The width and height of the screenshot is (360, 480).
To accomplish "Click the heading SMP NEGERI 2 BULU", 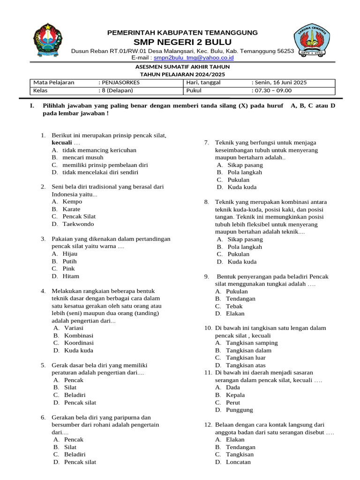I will click(182, 42).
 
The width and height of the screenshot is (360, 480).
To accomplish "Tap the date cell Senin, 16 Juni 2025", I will click(279, 82).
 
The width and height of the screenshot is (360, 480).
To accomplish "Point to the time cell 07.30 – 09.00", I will click(271, 90).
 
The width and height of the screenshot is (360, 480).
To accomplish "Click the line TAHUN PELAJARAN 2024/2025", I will click(182, 74).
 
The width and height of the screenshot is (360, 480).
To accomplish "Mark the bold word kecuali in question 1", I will click(62, 142).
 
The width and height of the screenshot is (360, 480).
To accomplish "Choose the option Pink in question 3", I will click(68, 269).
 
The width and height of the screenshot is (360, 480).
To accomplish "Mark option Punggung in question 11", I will click(239, 410).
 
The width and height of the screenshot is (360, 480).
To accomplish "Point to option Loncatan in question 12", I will click(238, 462).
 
